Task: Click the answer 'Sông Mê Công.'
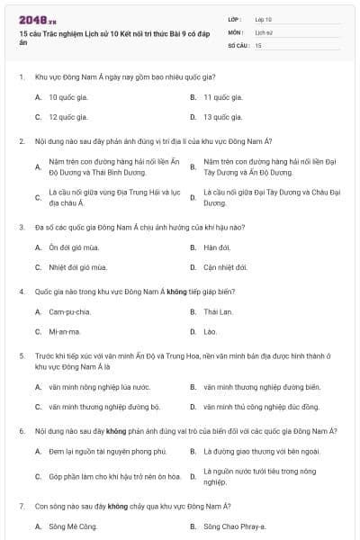click(x=73, y=526)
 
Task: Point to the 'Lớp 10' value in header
click(x=263, y=19)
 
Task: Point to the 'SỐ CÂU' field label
click(x=237, y=44)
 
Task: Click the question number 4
click(x=22, y=292)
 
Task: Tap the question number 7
click(x=22, y=506)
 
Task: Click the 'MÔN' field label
click(x=235, y=31)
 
